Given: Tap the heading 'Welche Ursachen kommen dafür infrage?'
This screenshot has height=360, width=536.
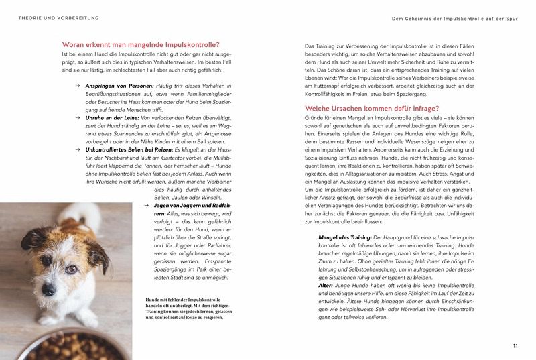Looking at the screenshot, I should [371, 108].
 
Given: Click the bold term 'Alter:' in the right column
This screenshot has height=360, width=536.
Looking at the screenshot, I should [327, 285].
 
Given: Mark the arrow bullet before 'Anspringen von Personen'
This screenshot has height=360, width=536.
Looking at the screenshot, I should [78, 86].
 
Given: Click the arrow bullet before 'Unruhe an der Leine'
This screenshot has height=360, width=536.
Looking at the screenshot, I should [78, 118].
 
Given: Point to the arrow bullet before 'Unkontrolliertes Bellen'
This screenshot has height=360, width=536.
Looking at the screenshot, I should [78, 149].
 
